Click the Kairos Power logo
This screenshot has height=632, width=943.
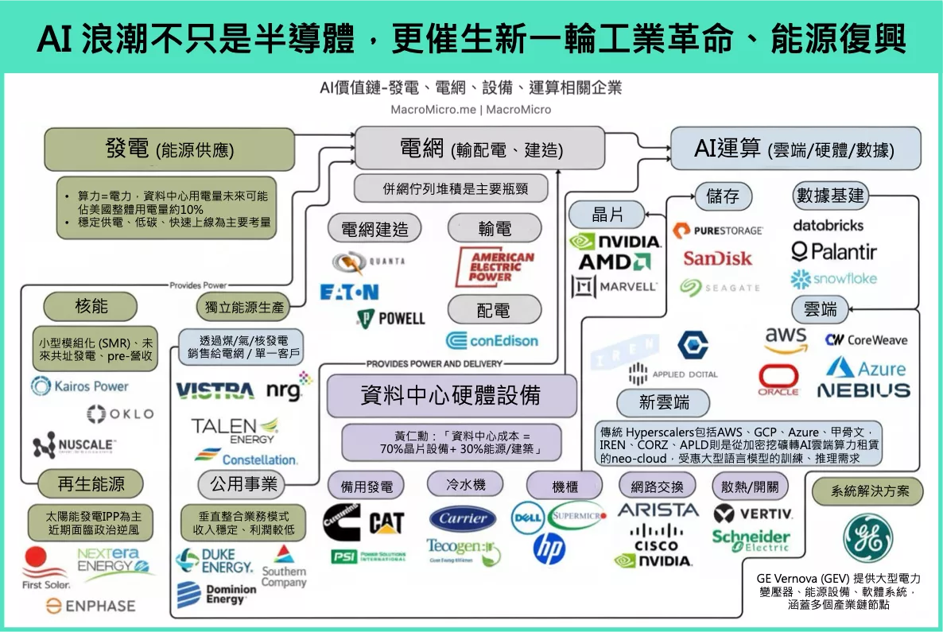coord(80,386)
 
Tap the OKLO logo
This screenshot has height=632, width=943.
coord(120,413)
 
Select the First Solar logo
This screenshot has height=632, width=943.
coord(45,568)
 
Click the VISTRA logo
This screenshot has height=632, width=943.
coord(215,390)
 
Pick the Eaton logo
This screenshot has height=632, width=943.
coord(349,292)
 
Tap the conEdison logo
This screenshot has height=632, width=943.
coord(492,340)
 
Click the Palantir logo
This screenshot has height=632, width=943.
coord(834,252)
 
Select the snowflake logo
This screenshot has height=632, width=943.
coord(833,279)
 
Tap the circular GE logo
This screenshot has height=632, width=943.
coord(867,537)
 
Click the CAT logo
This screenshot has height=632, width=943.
coord(386,522)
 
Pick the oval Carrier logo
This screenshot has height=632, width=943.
coord(464,518)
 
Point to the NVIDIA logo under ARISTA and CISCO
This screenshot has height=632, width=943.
coord(654,560)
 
